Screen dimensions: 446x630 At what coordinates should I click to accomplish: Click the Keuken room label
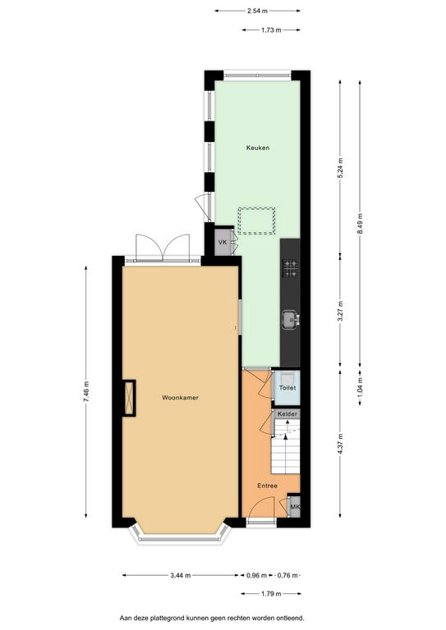pos(258,148)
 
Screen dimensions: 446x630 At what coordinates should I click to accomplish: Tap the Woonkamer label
pos(180,398)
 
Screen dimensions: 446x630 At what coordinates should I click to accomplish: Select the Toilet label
pos(287,388)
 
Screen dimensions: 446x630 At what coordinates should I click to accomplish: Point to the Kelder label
pos(287,413)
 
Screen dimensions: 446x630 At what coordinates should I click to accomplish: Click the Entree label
pos(268,486)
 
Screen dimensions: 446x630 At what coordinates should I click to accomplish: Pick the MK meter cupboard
pos(294,507)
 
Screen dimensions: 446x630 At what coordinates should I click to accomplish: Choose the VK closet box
pos(223,242)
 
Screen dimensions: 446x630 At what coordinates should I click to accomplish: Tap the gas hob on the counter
pos(291,269)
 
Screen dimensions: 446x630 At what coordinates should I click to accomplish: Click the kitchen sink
pos(291,319)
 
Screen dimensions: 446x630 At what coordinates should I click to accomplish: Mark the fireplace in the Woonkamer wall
pos(129,398)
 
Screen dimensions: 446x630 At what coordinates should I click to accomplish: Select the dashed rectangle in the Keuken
pos(256,221)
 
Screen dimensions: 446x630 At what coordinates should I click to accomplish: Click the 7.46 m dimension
pos(85,392)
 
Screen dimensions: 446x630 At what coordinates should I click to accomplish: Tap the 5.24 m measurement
pos(340,168)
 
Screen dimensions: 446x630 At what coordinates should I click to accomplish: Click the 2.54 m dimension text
pos(257,11)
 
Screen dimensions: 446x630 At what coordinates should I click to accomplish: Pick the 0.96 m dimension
pos(256,575)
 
